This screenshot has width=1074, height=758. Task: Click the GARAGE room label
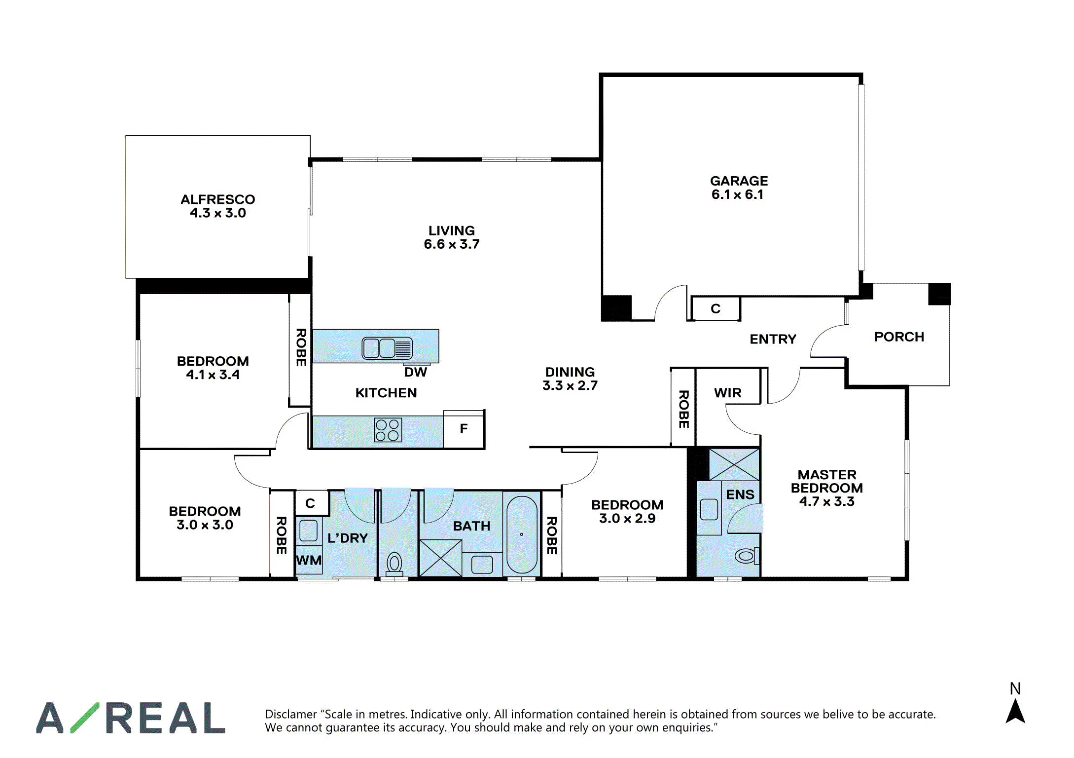point(739,181)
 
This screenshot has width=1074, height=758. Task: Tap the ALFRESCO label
point(217,199)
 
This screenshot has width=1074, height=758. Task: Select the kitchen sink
point(387,348)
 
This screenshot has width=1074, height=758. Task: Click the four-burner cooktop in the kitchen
point(388,430)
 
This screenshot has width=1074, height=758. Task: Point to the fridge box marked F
point(464,429)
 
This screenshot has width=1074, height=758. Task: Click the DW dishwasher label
point(416,372)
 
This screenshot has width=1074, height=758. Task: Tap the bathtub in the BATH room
point(522,534)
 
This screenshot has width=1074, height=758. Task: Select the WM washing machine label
point(309,560)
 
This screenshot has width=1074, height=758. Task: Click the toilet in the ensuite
point(747,556)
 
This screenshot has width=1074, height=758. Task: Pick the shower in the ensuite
point(734,464)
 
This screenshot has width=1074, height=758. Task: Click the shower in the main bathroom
point(440,558)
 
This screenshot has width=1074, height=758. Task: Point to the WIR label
point(727,393)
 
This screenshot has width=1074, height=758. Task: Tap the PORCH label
point(899,337)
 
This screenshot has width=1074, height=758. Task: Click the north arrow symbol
point(1015,712)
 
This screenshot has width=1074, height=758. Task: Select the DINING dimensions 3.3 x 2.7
point(570,385)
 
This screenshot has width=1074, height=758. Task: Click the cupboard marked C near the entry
point(716,309)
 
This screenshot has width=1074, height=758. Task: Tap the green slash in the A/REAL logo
point(85,718)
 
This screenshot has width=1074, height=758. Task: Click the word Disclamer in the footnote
point(291,714)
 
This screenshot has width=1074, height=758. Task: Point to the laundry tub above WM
point(308,531)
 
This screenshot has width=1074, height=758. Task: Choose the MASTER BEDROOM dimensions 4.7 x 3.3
point(826,501)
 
